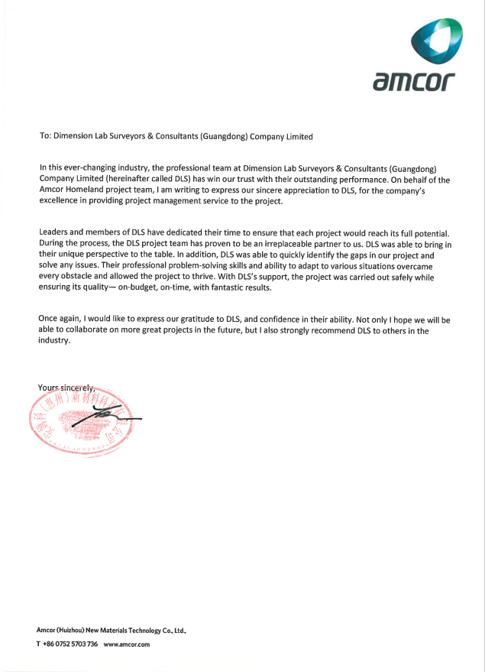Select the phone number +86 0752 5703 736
coord(67,644)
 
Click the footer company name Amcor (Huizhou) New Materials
coord(111,630)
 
